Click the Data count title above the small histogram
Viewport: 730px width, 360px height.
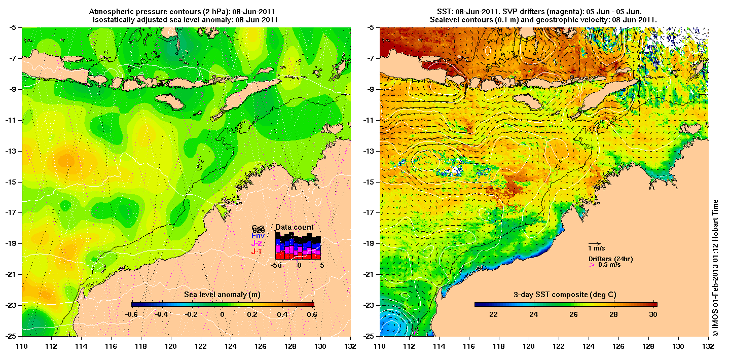coord(295,227)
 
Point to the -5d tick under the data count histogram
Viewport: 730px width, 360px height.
coord(277,265)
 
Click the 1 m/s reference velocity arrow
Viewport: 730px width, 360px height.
coord(594,243)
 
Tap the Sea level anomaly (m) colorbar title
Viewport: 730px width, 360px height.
coord(222,295)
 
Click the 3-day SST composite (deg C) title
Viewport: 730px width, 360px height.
coord(565,295)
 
